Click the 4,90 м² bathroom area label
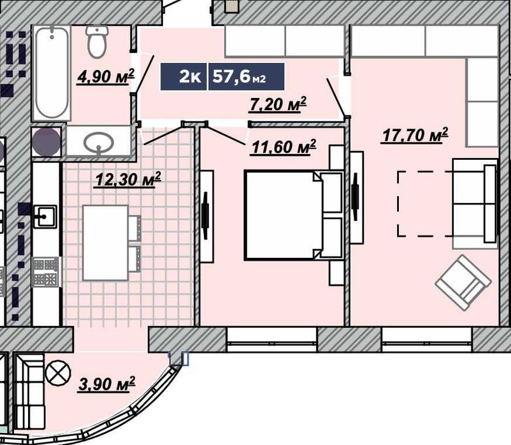point(106,76)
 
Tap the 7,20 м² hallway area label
point(277,104)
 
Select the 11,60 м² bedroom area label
point(283,147)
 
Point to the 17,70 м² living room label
point(415,135)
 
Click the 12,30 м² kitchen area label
point(127,180)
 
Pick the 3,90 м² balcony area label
point(106,384)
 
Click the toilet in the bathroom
point(97,41)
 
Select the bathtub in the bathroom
point(52,73)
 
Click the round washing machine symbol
point(47,142)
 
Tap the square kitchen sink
point(45,216)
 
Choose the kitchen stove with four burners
point(46,271)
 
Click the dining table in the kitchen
point(106,243)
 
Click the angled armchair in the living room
point(463,282)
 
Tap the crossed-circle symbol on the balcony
point(58,372)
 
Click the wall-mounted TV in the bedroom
point(205,216)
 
